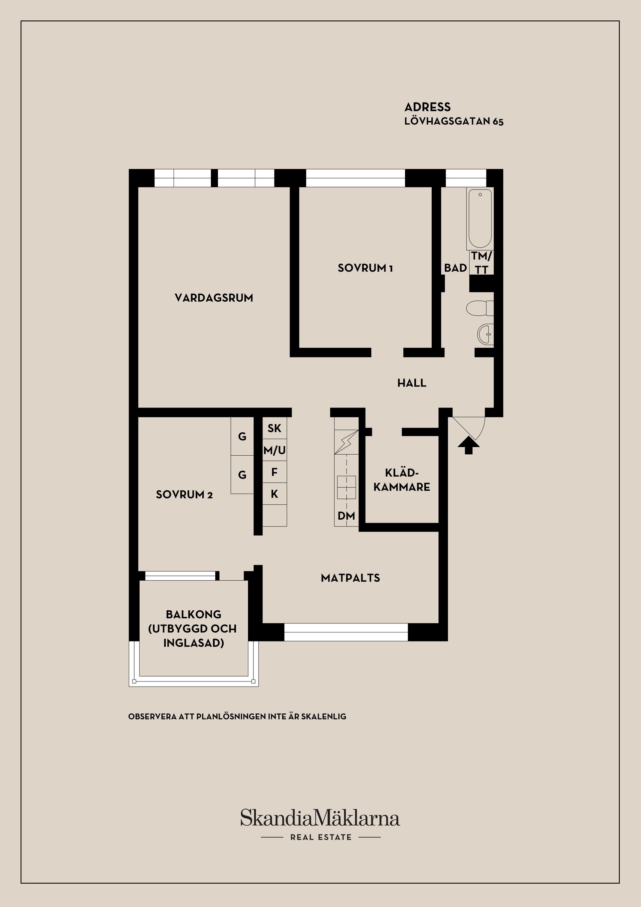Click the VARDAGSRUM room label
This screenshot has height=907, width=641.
[x=214, y=298]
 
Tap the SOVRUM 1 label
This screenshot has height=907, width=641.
[x=365, y=268]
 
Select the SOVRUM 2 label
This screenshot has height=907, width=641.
[x=184, y=494]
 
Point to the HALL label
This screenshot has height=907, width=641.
[x=412, y=383]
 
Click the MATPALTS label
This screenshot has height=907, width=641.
[x=351, y=578]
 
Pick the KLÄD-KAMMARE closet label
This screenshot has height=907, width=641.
[x=402, y=480]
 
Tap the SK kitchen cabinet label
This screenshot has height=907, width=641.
[x=274, y=428]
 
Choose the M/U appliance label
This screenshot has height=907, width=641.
[x=275, y=450]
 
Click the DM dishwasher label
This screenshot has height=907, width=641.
[x=346, y=516]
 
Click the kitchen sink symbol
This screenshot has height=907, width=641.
[x=347, y=487]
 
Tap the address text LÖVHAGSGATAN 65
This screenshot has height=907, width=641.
[x=454, y=122]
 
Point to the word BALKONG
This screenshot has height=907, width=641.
[x=193, y=615]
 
